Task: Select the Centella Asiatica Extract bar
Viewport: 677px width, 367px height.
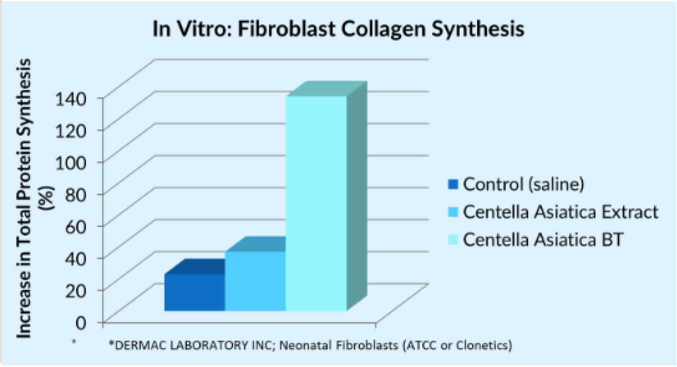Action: pos(255,281)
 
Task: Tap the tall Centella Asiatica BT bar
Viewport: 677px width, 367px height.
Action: pos(316,203)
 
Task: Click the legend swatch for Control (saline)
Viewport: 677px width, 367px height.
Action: pos(453,185)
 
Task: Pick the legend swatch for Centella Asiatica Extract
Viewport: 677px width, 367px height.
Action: pos(453,212)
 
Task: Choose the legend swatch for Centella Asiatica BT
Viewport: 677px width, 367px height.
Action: pos(453,239)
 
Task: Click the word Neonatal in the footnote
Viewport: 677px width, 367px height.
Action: pos(301,345)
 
